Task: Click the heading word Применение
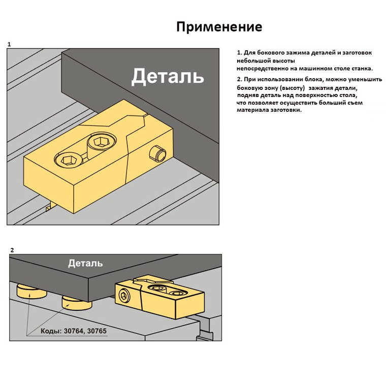pyautogui.click(x=219, y=26)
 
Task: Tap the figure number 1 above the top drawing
pyautogui.click(x=9, y=45)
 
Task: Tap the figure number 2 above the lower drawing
pyautogui.click(x=12, y=250)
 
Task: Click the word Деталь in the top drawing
pyautogui.click(x=168, y=76)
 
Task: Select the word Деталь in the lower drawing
pyautogui.click(x=85, y=263)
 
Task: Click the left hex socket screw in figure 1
pyautogui.click(x=67, y=162)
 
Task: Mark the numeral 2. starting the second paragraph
pyautogui.click(x=239, y=80)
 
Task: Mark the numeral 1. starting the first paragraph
pyautogui.click(x=239, y=53)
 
